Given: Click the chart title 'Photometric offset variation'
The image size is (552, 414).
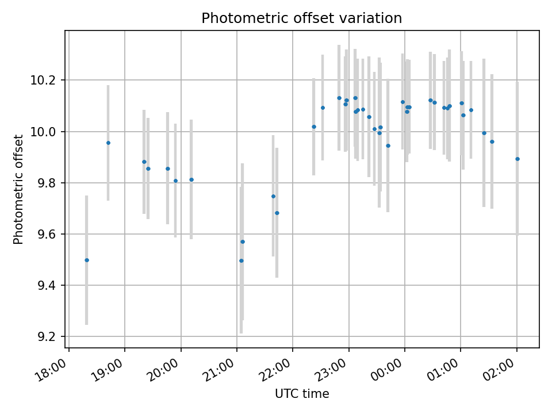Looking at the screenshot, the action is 301,18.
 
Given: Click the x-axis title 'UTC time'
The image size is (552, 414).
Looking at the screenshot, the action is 302,393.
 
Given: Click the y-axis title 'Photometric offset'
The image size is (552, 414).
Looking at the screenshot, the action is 18,189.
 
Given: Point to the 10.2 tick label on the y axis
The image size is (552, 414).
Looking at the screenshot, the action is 43,80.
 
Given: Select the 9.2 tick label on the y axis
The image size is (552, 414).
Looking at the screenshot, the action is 47,337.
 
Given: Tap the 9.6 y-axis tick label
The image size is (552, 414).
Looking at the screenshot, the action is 47,235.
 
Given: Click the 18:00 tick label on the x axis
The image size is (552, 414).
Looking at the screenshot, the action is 51,370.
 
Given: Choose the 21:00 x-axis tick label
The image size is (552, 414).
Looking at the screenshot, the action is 219,370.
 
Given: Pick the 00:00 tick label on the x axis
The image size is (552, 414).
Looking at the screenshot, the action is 387,370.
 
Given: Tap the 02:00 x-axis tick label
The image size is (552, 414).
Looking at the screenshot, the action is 499,370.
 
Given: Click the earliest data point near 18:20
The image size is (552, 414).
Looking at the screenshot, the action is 87,260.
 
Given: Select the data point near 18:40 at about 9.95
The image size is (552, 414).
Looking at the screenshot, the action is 109,143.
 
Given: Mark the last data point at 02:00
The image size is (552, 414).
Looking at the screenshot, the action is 517,159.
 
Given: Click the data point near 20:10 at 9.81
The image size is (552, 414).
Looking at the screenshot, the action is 191,179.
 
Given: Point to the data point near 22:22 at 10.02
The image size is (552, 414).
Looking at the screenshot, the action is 314,126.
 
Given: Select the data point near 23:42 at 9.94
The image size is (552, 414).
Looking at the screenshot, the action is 388,145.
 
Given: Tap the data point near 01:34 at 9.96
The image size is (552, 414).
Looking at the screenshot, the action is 492,142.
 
